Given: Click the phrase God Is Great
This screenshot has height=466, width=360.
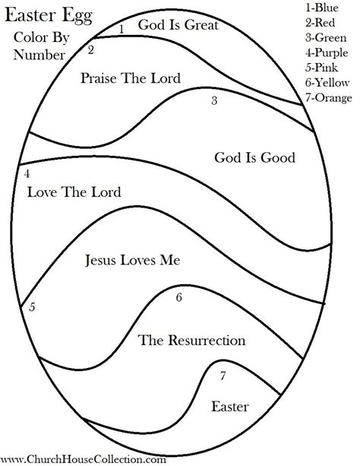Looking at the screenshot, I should coord(178,25).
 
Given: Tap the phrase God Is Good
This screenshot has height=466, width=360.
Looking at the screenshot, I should coord(254,158).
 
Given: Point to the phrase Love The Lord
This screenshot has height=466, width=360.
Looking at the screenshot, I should coord(74,191).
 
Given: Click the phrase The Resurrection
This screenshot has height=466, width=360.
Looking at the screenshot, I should coord(191,339).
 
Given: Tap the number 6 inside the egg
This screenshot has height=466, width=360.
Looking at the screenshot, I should coord(179,297).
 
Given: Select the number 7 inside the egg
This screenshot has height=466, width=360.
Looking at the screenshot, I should coord(223,376).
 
